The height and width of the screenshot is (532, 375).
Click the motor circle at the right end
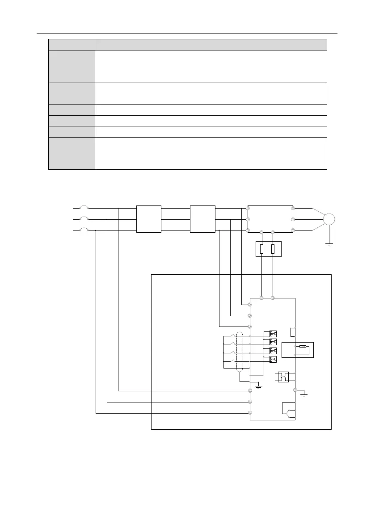click(x=330, y=219)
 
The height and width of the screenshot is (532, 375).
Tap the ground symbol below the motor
click(x=329, y=245)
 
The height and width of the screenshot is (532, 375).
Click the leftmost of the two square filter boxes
click(x=148, y=219)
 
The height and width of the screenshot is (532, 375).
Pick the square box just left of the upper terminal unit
click(x=202, y=219)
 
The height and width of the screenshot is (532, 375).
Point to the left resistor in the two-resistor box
click(x=261, y=249)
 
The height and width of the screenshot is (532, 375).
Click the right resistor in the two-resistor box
click(x=273, y=249)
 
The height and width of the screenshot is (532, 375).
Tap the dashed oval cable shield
click(x=240, y=352)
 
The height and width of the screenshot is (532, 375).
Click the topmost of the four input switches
click(x=231, y=335)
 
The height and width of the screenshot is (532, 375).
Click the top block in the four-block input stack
click(x=273, y=334)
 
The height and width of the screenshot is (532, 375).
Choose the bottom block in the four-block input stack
click(x=273, y=360)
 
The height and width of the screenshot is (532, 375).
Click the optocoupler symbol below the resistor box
click(x=283, y=377)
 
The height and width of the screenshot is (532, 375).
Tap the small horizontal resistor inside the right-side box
click(x=303, y=347)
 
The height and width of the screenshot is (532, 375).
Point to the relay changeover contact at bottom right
click(x=288, y=410)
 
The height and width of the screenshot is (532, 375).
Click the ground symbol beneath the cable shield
click(x=257, y=385)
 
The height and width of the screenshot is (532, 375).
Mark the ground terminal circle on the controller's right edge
click(x=295, y=390)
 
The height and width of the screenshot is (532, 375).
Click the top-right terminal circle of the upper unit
click(x=293, y=208)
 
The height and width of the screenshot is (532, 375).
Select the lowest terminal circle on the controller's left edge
click(x=250, y=413)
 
